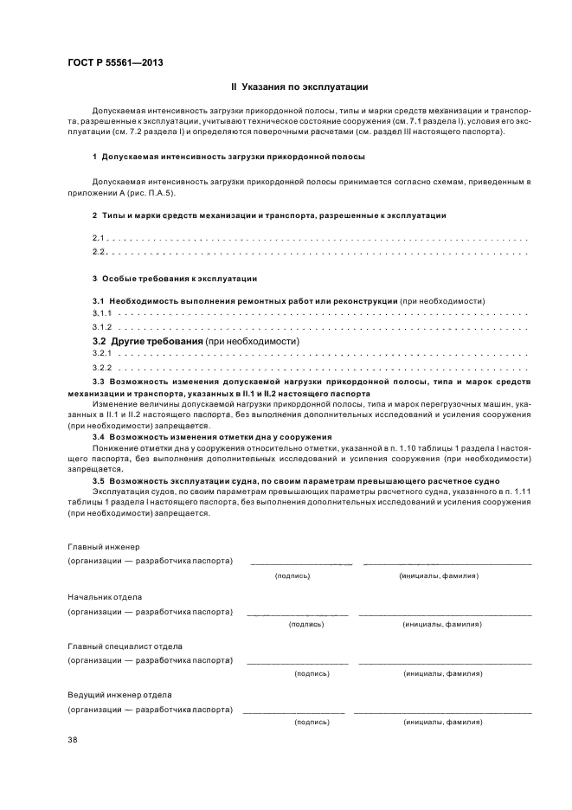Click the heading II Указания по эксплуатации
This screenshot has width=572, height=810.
tap(299, 87)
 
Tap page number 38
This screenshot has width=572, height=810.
tap(72, 739)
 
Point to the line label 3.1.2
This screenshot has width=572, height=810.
tap(102, 327)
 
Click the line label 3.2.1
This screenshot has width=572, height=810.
tap(102, 355)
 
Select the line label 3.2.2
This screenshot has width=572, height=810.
tap(102, 369)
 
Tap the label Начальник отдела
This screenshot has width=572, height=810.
tap(105, 597)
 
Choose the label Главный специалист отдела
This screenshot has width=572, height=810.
tap(124, 646)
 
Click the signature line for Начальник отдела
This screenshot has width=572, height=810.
tap(297, 614)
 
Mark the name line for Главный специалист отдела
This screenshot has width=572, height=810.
tap(444, 663)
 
